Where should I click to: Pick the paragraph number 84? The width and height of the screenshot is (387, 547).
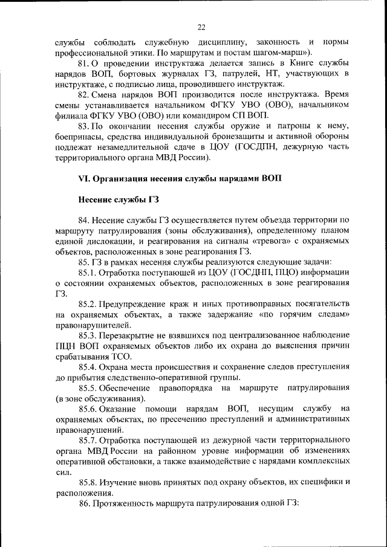(85, 220)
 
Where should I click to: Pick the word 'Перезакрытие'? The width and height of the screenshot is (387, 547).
(129, 334)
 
